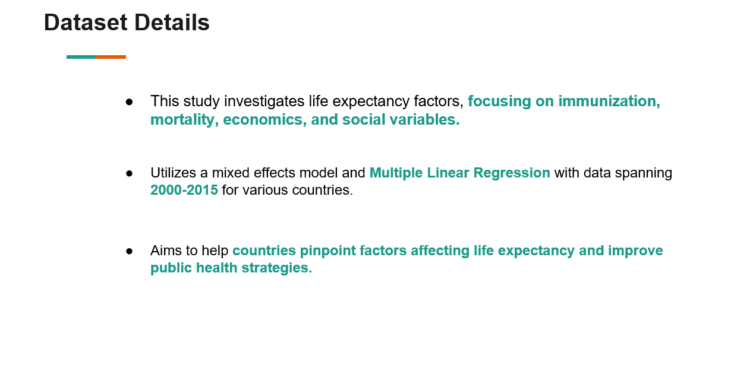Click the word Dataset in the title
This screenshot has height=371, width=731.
point(86,23)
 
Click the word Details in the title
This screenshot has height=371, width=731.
point(172,23)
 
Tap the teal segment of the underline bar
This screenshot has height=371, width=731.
point(81,57)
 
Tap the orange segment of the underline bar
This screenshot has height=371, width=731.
point(111,57)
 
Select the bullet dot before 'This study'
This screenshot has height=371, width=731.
point(129,102)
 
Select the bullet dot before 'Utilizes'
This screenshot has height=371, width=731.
point(129,173)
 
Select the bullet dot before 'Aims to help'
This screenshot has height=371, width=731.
point(129,251)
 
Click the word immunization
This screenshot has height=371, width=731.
point(609,101)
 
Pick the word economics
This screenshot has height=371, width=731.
point(264,120)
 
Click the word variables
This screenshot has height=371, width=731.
point(424,120)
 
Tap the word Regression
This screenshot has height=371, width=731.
point(512,173)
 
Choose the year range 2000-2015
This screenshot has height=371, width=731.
point(184,190)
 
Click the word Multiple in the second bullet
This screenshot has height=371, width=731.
point(396,173)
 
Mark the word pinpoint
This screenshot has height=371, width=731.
point(327,251)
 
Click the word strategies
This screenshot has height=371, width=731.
point(277,268)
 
